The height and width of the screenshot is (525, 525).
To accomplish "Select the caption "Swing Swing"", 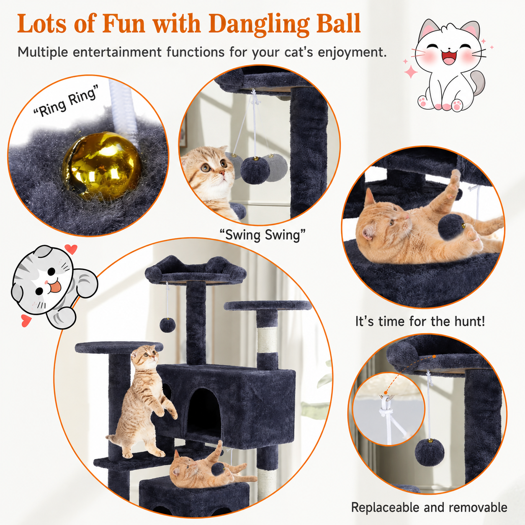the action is [262, 235].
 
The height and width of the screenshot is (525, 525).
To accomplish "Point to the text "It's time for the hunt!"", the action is [420, 321].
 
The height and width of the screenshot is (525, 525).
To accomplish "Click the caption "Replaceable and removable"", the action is [429, 499].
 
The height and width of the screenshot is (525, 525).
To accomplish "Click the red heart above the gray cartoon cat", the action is [71, 249].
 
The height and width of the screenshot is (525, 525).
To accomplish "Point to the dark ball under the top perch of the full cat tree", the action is [167, 324].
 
